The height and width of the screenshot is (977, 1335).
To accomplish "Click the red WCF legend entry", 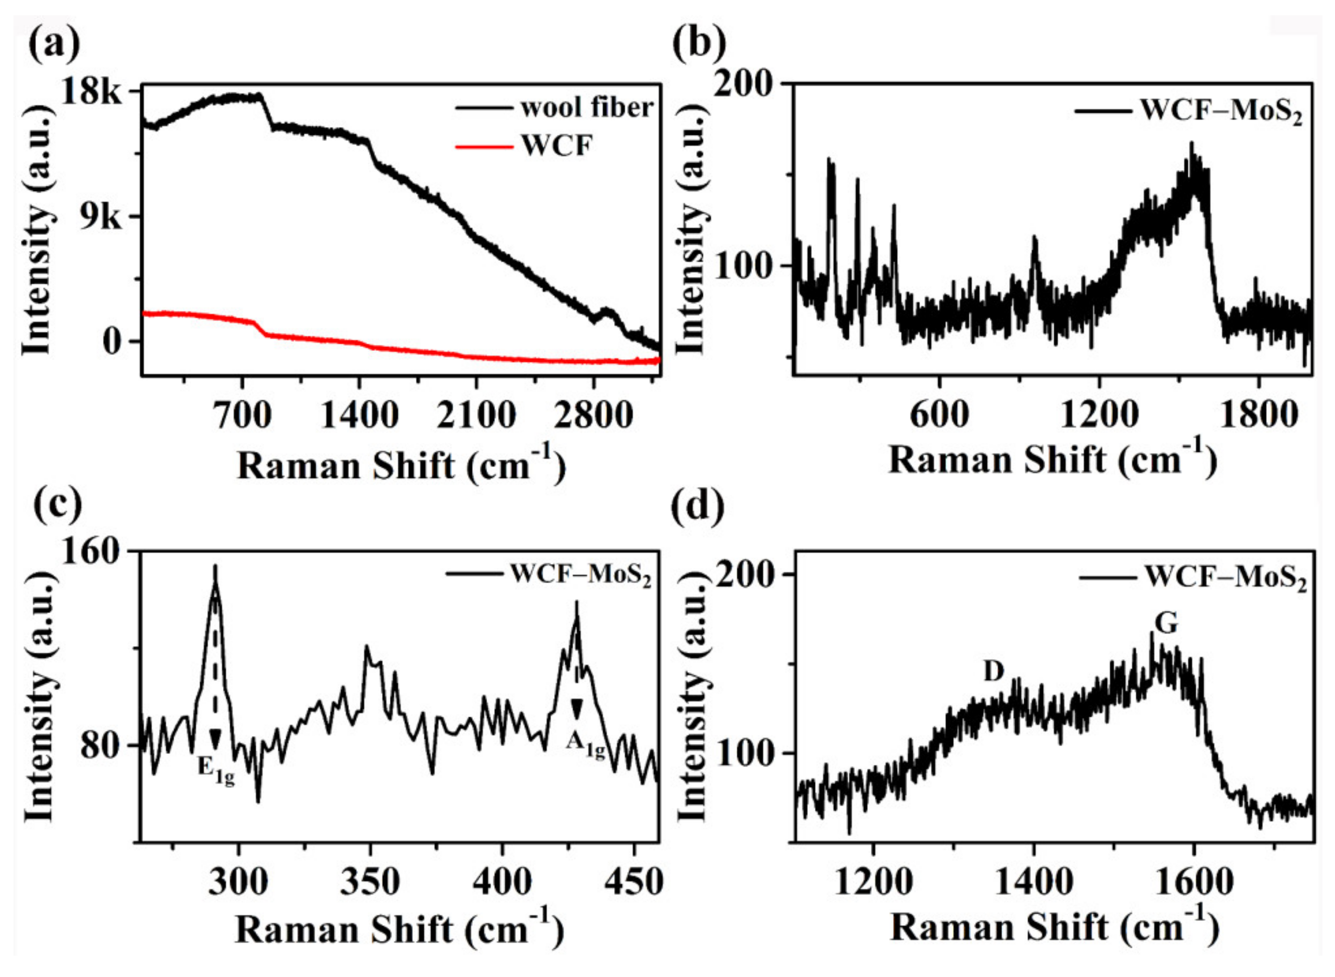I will coord(556,146).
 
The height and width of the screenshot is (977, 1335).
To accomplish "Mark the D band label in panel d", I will coord(994,671).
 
